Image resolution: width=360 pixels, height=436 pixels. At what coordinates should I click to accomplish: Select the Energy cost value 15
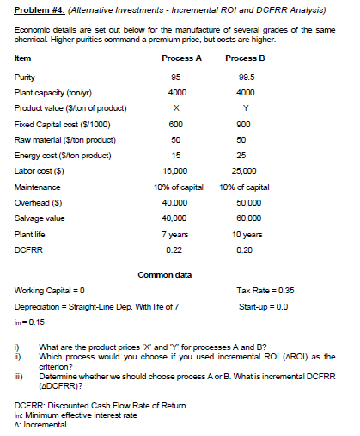(175, 155)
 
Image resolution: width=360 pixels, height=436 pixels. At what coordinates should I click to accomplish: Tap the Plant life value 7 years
(175, 235)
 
